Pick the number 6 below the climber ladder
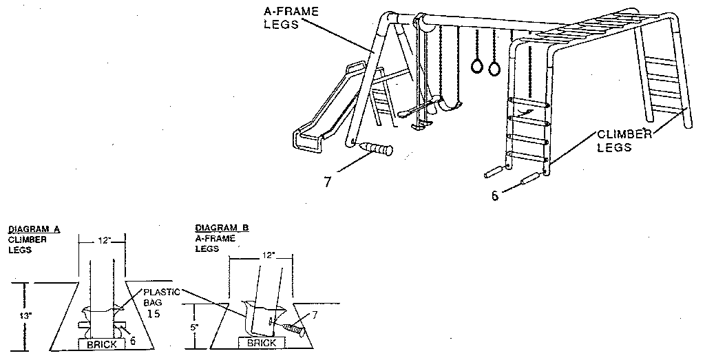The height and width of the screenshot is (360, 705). (494, 195)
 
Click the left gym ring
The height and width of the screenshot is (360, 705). (476, 67)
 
